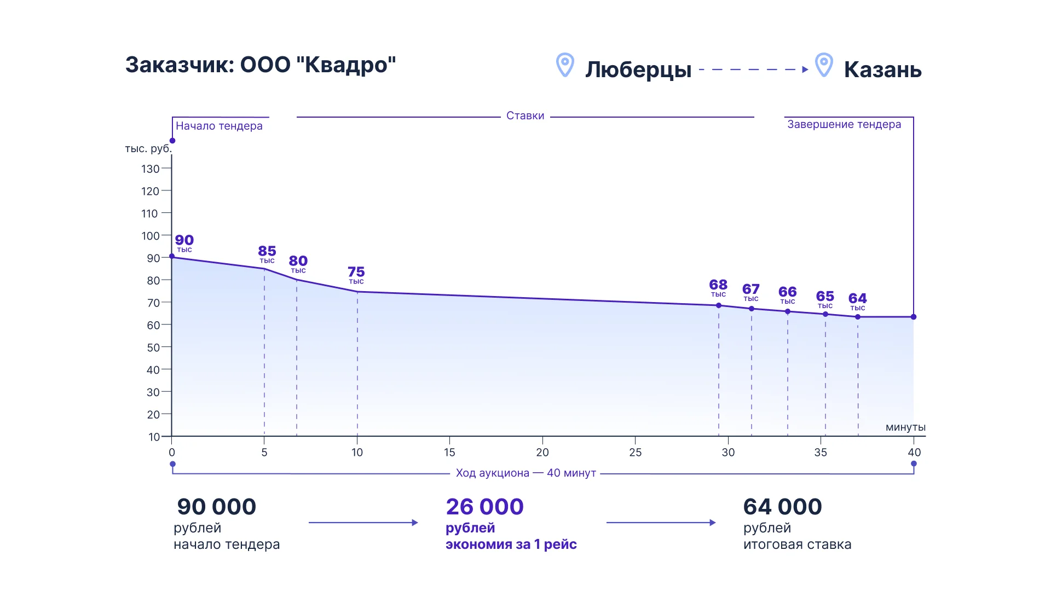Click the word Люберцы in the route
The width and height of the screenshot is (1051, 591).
click(638, 70)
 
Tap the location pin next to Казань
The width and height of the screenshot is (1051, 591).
click(824, 65)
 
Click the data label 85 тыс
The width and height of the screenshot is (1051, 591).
click(267, 253)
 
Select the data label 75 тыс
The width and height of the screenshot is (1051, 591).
click(356, 275)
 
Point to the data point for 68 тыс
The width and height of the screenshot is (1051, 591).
click(719, 305)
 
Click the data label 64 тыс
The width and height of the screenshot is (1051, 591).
click(858, 301)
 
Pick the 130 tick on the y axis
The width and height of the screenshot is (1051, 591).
click(151, 169)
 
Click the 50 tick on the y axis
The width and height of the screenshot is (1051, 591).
click(153, 347)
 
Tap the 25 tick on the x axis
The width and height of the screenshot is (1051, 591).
click(635, 453)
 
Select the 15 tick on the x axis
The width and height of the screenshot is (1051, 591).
click(449, 453)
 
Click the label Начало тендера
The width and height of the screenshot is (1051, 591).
click(219, 126)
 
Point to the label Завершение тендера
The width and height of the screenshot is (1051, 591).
click(844, 124)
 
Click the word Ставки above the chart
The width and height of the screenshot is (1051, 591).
click(525, 115)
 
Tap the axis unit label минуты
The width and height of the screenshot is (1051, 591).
click(905, 427)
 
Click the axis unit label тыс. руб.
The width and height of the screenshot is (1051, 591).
click(148, 149)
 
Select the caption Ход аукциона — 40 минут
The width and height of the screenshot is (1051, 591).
click(525, 473)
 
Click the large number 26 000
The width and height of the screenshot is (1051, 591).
click(484, 507)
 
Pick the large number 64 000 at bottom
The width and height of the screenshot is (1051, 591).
click(782, 507)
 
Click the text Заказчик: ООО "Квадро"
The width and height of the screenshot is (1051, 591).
click(261, 65)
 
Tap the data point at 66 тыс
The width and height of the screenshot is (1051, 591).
click(788, 311)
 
